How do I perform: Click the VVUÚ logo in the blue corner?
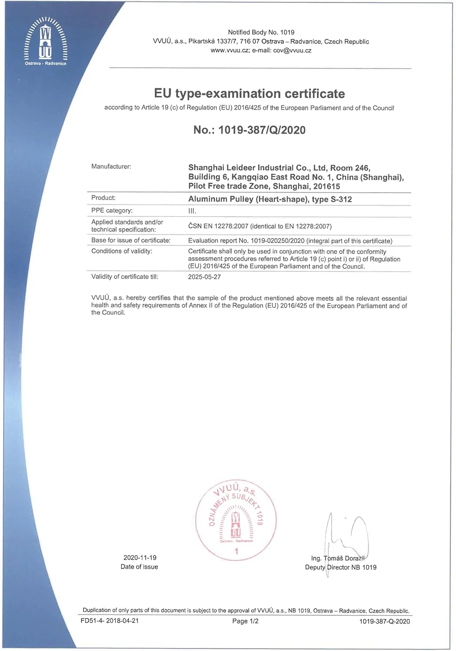click(x=46, y=41)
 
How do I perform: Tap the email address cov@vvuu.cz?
click(x=292, y=50)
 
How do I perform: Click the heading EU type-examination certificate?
click(x=249, y=94)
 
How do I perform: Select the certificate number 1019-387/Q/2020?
click(x=262, y=130)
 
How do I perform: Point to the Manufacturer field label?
click(x=111, y=167)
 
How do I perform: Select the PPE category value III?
click(x=192, y=211)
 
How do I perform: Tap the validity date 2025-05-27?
click(x=204, y=277)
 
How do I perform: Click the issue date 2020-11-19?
click(x=140, y=558)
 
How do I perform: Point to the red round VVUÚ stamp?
click(x=236, y=519)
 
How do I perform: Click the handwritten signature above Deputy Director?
click(x=347, y=538)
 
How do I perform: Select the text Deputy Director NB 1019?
click(x=340, y=567)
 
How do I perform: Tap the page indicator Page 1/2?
click(x=245, y=621)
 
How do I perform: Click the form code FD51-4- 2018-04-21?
click(x=109, y=621)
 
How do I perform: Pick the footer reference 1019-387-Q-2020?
click(x=384, y=621)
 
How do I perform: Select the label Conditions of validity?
click(x=122, y=251)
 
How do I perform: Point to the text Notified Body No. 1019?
click(x=261, y=33)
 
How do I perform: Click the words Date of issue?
click(x=139, y=567)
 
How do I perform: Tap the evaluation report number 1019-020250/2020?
click(x=278, y=241)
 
